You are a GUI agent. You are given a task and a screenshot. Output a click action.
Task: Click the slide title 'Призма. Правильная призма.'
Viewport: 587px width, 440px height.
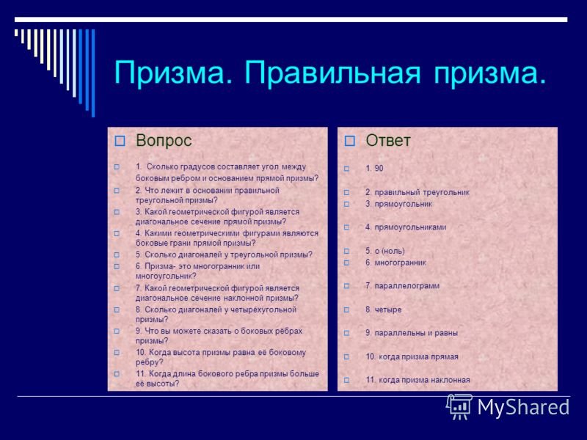(x=330, y=73)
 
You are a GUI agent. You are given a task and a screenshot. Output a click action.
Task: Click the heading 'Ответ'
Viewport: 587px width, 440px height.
(x=388, y=141)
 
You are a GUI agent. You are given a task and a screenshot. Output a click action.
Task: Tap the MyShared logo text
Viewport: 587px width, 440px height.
(x=523, y=408)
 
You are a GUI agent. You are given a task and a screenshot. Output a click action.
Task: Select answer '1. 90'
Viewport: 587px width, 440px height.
(x=374, y=169)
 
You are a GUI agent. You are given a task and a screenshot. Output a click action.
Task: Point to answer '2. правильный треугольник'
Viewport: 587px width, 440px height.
(x=417, y=192)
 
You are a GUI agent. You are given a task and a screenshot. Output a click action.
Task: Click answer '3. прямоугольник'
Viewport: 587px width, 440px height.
(x=398, y=204)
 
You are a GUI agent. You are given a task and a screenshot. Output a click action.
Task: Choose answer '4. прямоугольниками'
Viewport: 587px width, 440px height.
(x=406, y=227)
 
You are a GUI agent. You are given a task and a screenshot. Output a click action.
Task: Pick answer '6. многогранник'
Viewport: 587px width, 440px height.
(x=395, y=262)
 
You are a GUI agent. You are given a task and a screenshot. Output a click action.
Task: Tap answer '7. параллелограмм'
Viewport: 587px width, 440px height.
(x=402, y=285)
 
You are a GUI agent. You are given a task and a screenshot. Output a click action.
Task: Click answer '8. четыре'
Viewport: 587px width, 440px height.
(x=383, y=309)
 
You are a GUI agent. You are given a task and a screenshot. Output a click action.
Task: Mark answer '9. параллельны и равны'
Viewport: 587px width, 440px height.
(x=411, y=333)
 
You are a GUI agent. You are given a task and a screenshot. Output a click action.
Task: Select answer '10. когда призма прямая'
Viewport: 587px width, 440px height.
(x=412, y=356)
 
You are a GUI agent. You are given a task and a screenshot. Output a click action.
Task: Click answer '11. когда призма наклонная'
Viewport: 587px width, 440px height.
(x=418, y=380)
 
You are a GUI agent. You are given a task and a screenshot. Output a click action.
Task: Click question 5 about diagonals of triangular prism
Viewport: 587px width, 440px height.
(x=223, y=254)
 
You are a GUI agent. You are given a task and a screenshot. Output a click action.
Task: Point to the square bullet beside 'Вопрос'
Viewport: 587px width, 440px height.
(x=120, y=141)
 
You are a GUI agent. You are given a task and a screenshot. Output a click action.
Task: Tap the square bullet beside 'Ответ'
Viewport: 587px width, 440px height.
(x=349, y=141)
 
